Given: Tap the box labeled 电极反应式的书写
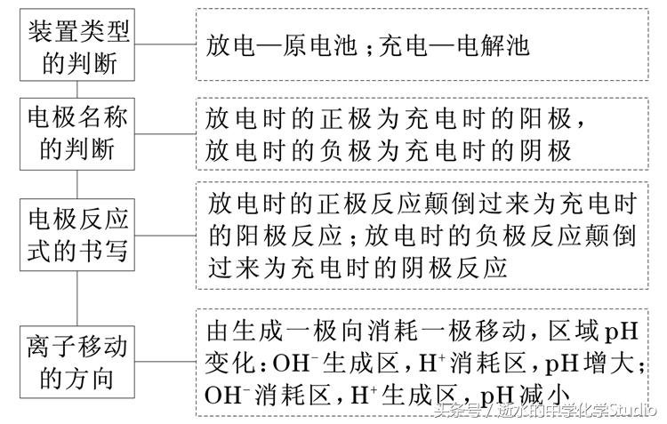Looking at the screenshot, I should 78,233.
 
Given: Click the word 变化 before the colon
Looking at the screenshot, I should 226,363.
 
